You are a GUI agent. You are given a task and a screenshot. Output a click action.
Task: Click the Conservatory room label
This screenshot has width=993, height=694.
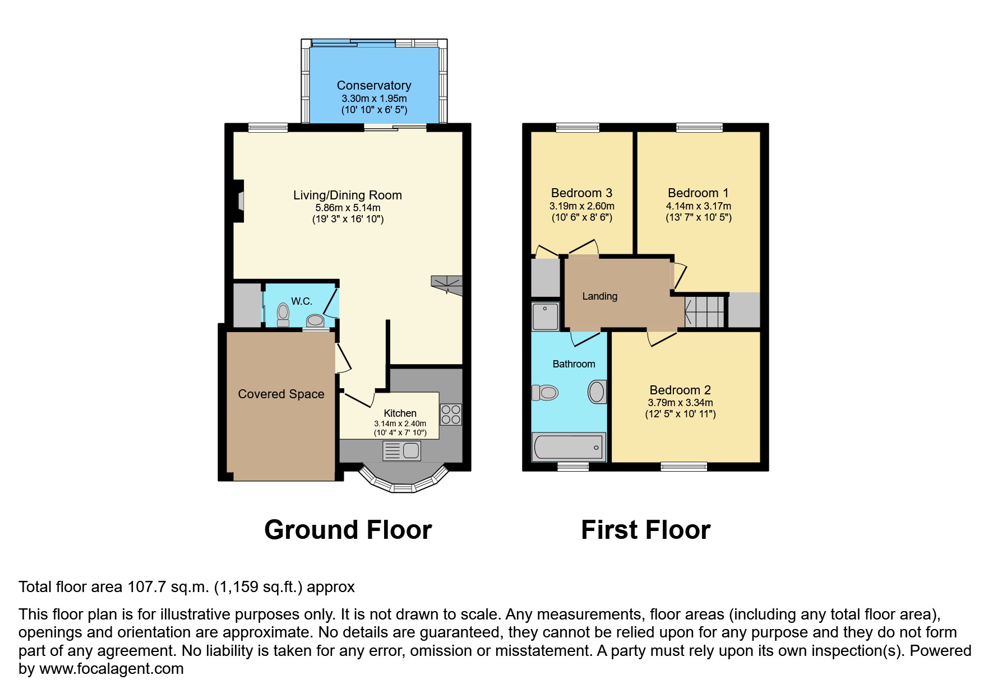(x=373, y=85)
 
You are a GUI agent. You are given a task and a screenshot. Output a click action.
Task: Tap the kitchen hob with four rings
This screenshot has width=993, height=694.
(x=451, y=414)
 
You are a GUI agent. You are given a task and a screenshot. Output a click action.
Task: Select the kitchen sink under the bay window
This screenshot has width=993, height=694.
(x=401, y=450)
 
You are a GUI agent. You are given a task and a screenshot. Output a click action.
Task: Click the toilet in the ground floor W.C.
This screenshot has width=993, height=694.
(x=283, y=314)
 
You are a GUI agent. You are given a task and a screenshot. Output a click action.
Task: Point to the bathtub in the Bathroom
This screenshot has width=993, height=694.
(x=569, y=447)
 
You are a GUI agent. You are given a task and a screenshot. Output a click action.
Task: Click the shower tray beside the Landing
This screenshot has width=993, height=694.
(x=545, y=316)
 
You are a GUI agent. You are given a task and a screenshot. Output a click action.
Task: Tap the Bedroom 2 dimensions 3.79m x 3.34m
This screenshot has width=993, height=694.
(x=680, y=403)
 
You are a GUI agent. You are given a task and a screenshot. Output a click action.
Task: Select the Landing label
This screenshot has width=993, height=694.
(x=599, y=296)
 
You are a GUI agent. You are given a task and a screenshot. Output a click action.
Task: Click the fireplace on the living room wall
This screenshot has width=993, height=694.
(x=239, y=201)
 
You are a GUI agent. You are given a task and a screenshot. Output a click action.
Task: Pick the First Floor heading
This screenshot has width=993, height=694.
(x=645, y=530)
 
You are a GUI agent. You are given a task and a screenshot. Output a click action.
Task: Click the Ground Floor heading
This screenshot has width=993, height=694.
(x=348, y=530)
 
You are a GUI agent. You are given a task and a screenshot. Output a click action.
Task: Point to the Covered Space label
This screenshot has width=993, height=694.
(x=281, y=394)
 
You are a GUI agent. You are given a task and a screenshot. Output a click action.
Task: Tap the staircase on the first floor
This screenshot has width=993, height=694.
(x=704, y=312)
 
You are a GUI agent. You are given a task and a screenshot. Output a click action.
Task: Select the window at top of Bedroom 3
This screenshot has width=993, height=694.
(x=578, y=128)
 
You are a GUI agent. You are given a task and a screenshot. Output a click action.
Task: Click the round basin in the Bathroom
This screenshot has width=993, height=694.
(x=597, y=392)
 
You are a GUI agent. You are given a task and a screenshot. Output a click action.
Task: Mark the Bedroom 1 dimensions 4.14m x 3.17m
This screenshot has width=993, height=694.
(x=698, y=206)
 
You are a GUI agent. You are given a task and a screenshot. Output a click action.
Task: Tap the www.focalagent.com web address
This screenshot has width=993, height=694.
(x=111, y=669)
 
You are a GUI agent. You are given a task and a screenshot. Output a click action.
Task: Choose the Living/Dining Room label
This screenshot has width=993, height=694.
(x=348, y=195)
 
